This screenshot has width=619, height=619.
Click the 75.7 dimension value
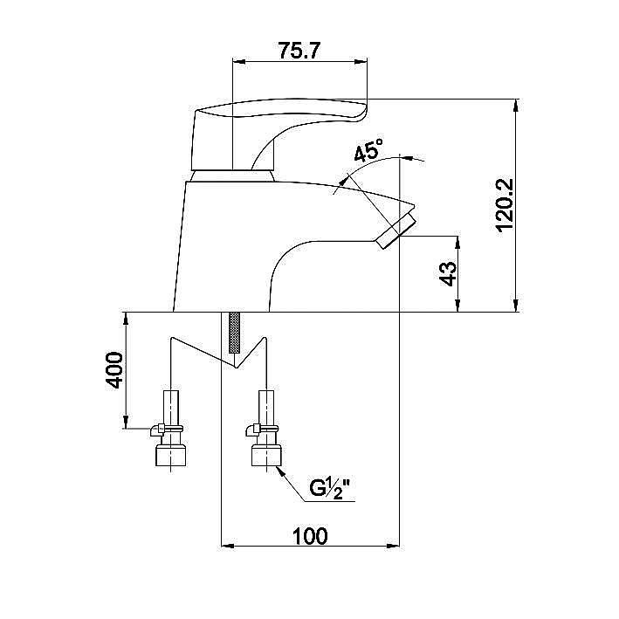(x=298, y=51)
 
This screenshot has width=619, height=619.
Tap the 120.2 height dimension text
(x=505, y=205)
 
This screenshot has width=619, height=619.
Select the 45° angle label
(x=368, y=150)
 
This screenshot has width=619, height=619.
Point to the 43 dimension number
(x=448, y=273)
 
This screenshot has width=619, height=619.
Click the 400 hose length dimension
(x=114, y=370)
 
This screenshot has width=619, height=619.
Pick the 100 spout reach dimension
(x=310, y=536)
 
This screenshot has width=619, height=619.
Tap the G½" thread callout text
(x=330, y=489)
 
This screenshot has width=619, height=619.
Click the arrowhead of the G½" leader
(x=280, y=471)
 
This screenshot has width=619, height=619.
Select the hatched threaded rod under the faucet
(x=234, y=333)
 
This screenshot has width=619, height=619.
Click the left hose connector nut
(x=171, y=456)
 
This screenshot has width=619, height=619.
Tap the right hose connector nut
(x=266, y=456)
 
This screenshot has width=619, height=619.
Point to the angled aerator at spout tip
(x=396, y=230)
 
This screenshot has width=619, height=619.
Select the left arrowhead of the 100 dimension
(x=227, y=547)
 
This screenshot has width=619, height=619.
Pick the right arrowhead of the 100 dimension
(x=393, y=547)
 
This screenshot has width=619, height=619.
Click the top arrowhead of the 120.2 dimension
(x=516, y=106)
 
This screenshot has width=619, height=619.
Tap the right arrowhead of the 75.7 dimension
(x=361, y=62)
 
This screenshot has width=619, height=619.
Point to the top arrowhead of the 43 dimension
(x=458, y=243)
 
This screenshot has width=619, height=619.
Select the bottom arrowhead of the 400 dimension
(x=126, y=422)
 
